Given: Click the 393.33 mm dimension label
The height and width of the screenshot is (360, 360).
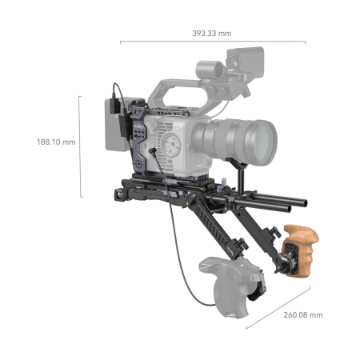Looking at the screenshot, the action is (212, 34).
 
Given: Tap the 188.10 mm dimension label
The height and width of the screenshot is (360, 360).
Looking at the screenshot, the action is (56, 142).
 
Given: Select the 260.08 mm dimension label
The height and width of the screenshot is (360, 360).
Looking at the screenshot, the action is (303, 315).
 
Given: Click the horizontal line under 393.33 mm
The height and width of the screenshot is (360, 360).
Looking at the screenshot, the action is (213, 42).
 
